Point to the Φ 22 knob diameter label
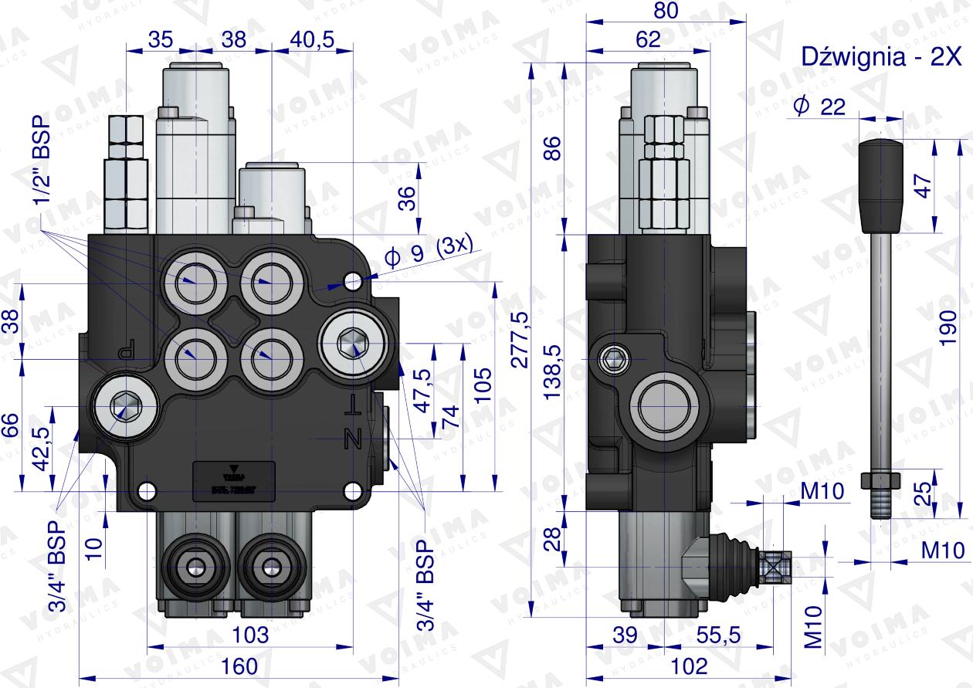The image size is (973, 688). [x=819, y=107]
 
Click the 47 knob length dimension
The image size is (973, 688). [x=924, y=185]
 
